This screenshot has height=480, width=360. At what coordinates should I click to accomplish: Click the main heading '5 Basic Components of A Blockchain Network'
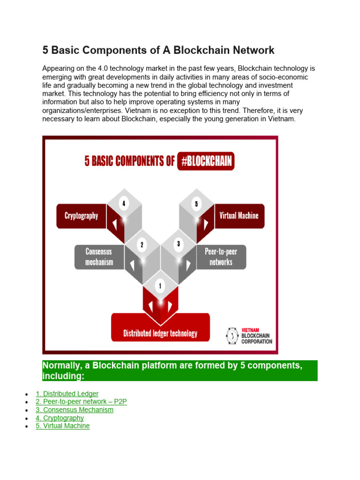(158, 50)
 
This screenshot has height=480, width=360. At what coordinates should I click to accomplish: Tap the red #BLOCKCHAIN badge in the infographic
(206, 162)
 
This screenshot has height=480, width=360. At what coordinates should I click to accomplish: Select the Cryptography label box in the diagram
(81, 216)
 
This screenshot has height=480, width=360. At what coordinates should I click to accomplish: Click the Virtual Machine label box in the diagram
(239, 216)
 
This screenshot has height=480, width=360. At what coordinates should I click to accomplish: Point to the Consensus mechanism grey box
(99, 257)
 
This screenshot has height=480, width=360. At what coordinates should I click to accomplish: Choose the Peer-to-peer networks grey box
(221, 257)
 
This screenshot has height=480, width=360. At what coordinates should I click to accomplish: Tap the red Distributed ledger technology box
(160, 333)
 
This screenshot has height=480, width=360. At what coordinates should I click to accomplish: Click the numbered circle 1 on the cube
(160, 286)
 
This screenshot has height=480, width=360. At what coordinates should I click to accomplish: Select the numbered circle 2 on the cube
(142, 244)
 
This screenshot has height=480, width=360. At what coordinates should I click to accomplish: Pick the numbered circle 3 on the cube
(178, 244)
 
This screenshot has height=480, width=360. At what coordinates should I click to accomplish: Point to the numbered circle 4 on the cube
(124, 203)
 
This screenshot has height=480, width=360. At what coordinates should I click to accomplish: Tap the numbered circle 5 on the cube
(196, 203)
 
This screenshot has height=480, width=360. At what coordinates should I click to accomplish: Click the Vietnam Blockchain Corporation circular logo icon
(232, 336)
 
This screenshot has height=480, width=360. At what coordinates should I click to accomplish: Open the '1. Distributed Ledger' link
(67, 394)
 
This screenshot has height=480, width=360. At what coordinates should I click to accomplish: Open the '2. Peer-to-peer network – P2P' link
(81, 402)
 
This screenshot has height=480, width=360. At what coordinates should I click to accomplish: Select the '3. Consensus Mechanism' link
(75, 410)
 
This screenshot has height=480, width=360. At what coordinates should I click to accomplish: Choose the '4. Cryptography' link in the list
(60, 418)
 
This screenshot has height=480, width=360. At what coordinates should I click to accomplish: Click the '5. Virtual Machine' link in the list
(62, 426)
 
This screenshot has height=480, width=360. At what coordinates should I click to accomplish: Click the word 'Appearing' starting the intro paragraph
(58, 68)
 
